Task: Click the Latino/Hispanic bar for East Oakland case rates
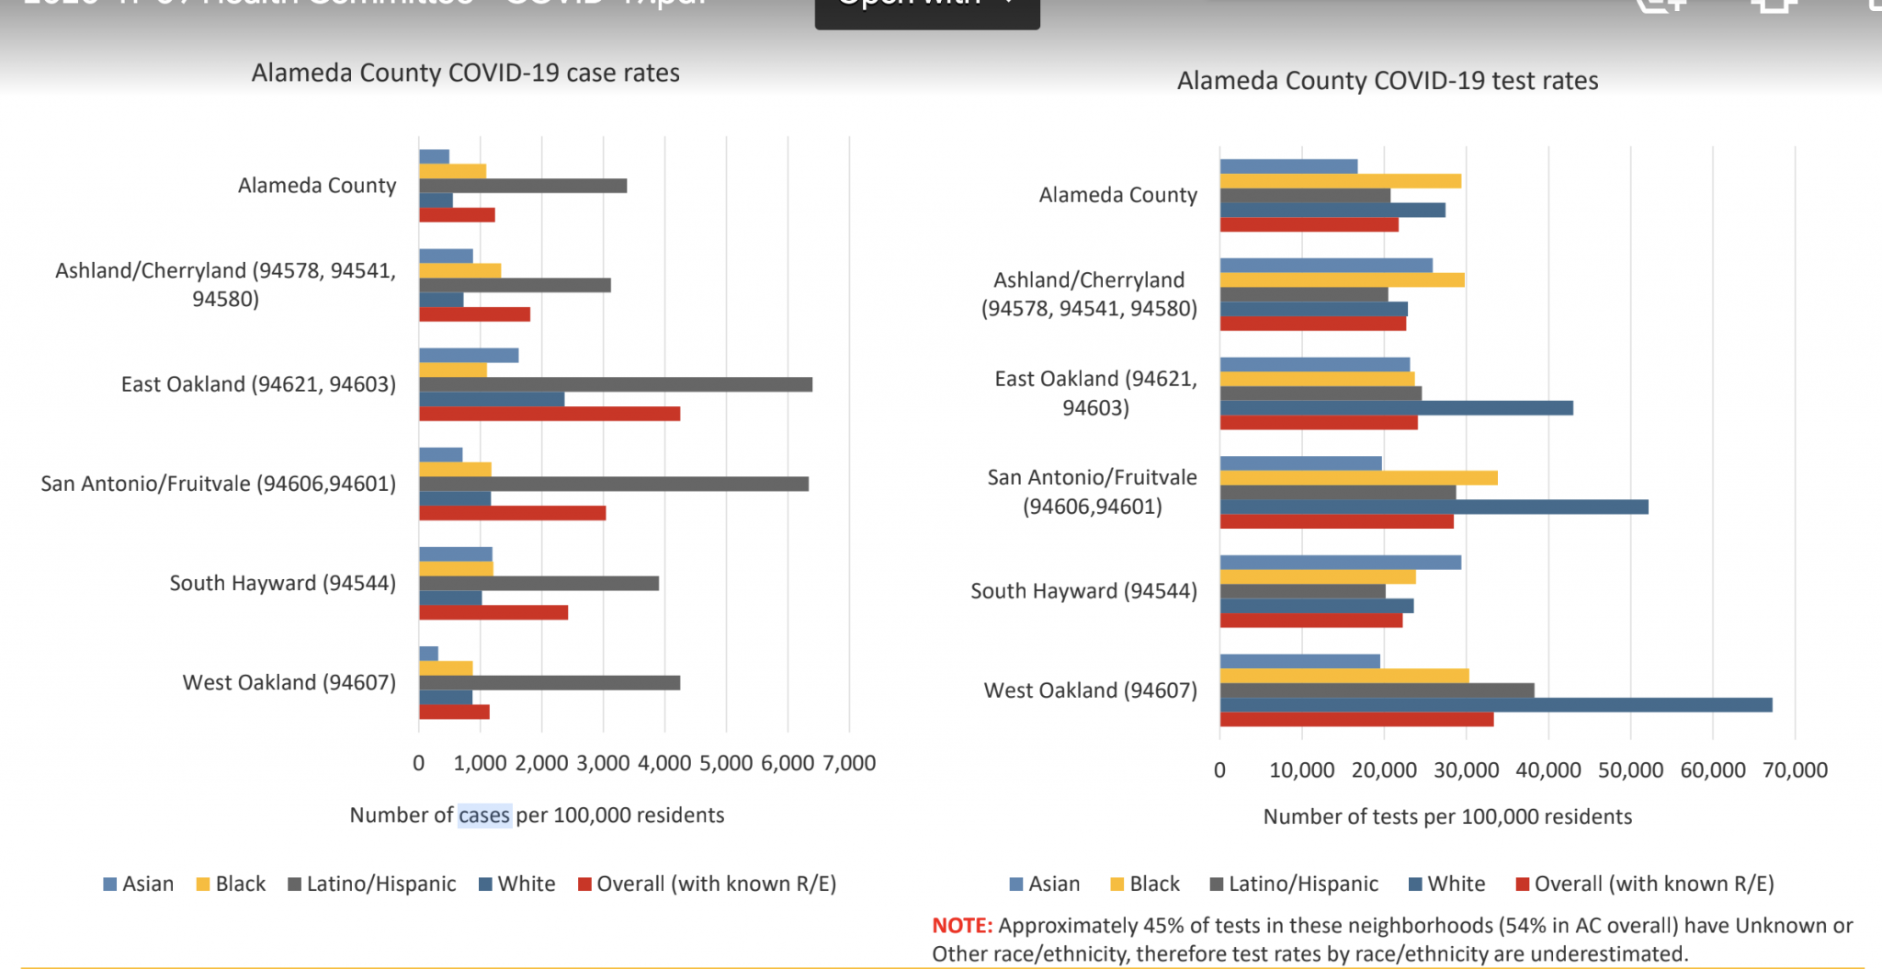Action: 615,384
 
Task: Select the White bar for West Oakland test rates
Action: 1495,705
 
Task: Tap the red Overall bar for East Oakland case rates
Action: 549,414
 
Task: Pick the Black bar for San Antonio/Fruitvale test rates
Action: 1358,478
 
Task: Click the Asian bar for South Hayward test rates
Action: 1340,563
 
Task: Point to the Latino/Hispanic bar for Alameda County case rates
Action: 522,186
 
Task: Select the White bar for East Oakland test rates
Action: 1396,408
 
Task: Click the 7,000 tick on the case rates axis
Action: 849,763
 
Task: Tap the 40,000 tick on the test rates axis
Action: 1548,770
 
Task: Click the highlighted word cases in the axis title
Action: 484,815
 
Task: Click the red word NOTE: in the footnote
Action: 962,926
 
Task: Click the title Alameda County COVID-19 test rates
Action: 1387,81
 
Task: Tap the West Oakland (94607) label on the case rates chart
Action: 289,682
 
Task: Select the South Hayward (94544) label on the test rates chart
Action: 1083,591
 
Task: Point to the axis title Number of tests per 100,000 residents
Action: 1446,816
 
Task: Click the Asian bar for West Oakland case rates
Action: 428,654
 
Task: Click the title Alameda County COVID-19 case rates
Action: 465,74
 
